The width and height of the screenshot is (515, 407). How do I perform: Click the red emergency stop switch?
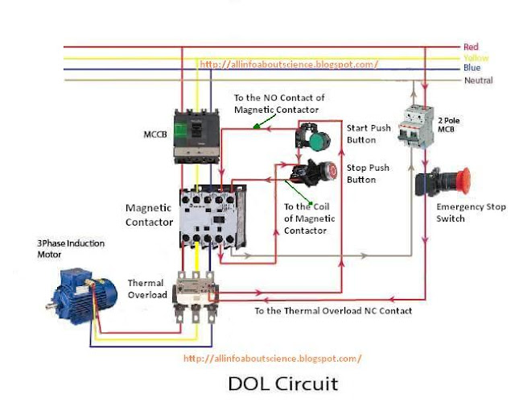pos(443,181)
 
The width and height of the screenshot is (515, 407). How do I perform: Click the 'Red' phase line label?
pos(471,48)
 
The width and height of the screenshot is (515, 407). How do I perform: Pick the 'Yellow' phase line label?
pos(475,58)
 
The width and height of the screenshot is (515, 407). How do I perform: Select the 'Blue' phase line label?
pos(472,69)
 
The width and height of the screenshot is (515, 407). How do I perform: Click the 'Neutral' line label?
pos(478,81)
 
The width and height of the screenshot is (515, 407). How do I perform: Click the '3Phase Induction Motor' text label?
pos(70,248)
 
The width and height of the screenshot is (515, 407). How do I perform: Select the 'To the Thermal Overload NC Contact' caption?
pos(333,310)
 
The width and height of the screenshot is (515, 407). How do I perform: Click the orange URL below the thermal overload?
pos(272,358)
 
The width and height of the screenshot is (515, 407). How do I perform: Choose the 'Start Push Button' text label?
pos(368,134)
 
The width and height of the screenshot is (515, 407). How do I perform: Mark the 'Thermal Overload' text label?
pos(147,289)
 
